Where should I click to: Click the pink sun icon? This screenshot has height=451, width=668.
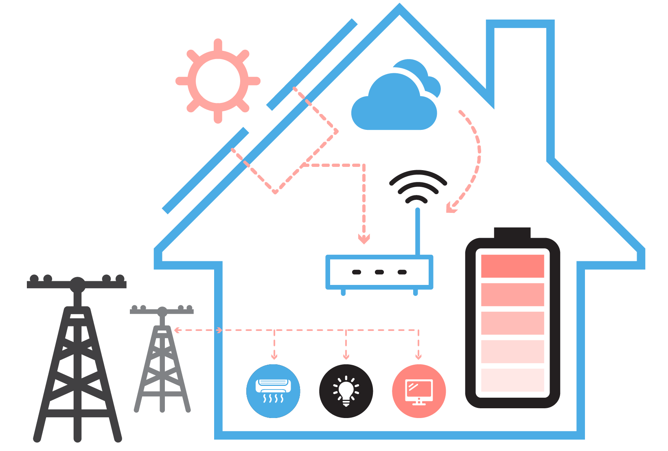point(218,81)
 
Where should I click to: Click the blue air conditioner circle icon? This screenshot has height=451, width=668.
point(273,391)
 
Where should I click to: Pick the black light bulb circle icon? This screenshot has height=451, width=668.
point(346,391)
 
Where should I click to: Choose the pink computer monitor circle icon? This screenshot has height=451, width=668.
point(419,391)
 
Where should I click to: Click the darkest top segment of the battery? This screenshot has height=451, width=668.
point(512,266)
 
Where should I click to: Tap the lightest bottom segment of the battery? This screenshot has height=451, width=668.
point(512,380)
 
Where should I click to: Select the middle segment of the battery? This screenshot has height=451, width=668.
point(512,323)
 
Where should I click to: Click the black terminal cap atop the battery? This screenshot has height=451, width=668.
point(512,232)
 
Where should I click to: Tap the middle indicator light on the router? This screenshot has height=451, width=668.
point(379,272)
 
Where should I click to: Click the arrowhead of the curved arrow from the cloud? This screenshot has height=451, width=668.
point(450,208)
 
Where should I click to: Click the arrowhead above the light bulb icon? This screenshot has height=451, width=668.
point(346,357)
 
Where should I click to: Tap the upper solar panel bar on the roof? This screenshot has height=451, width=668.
point(312,64)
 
